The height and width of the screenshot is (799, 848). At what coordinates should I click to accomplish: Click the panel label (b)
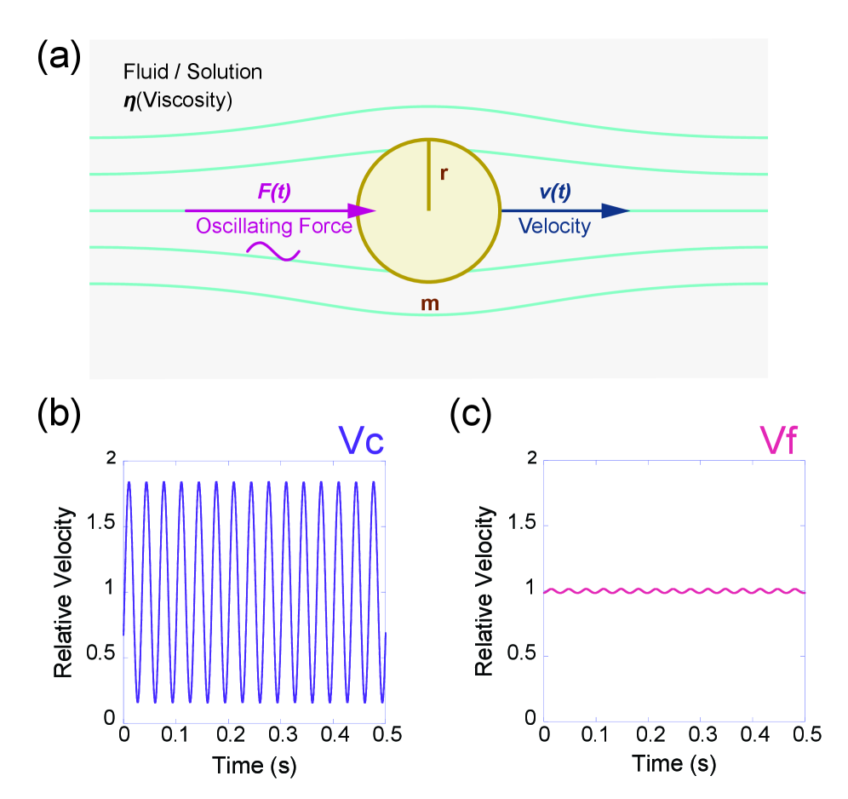tap(59, 415)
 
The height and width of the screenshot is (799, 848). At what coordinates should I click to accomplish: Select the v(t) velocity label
tap(554, 193)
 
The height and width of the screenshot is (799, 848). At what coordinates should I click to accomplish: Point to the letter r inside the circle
tap(444, 174)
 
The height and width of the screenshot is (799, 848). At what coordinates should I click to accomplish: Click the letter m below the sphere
tap(431, 303)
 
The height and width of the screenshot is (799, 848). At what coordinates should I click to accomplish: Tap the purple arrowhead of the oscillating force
tap(365, 210)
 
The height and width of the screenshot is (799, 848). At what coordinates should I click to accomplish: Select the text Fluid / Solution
tap(193, 72)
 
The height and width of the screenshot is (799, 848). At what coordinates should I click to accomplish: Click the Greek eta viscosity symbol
tap(129, 100)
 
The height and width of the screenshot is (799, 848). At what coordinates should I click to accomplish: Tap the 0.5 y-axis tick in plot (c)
tap(519, 656)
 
